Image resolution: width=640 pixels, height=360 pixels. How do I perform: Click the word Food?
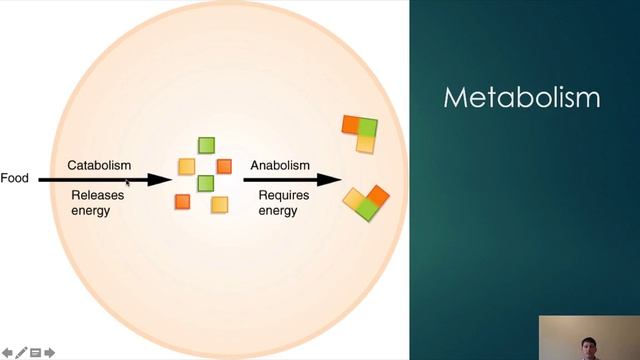[x=14, y=180]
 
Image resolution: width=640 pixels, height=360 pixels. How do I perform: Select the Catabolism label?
[x=99, y=164]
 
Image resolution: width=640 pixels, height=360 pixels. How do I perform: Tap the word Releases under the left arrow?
[x=97, y=196]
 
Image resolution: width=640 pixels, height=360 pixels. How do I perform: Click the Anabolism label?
[x=280, y=165]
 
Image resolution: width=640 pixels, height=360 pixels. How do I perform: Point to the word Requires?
[x=282, y=196]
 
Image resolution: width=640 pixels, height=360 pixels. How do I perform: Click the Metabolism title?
[x=521, y=98]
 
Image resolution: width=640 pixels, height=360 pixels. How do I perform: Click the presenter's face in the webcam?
[x=589, y=345]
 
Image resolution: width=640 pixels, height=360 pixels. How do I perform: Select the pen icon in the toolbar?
[x=21, y=352]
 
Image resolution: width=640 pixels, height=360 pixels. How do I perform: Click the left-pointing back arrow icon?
[x=7, y=352]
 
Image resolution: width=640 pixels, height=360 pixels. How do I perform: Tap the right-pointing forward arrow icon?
[x=49, y=352]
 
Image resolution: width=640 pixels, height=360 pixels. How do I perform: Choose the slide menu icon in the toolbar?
[x=35, y=352]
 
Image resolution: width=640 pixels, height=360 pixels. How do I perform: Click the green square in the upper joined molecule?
[x=368, y=127]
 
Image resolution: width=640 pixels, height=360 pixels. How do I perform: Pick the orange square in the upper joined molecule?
[x=351, y=125]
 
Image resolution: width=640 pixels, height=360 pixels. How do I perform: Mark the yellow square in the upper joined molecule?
[x=366, y=144]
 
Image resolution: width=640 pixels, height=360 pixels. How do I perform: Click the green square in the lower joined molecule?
[x=367, y=208]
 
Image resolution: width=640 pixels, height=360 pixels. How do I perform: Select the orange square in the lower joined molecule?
[x=379, y=195]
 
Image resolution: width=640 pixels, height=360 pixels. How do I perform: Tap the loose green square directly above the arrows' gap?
[x=206, y=145]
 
